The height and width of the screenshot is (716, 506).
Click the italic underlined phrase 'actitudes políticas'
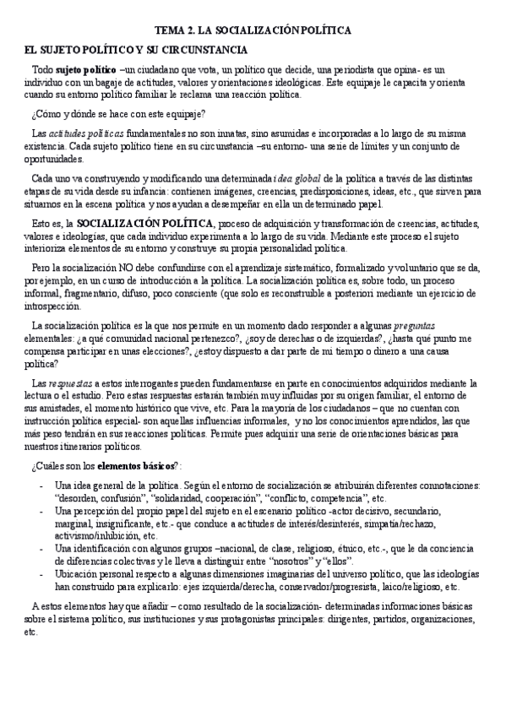[x=85, y=133]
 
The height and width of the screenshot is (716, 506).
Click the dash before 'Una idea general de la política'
[x=41, y=485]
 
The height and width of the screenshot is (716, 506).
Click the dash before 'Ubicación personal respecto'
[x=41, y=573]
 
